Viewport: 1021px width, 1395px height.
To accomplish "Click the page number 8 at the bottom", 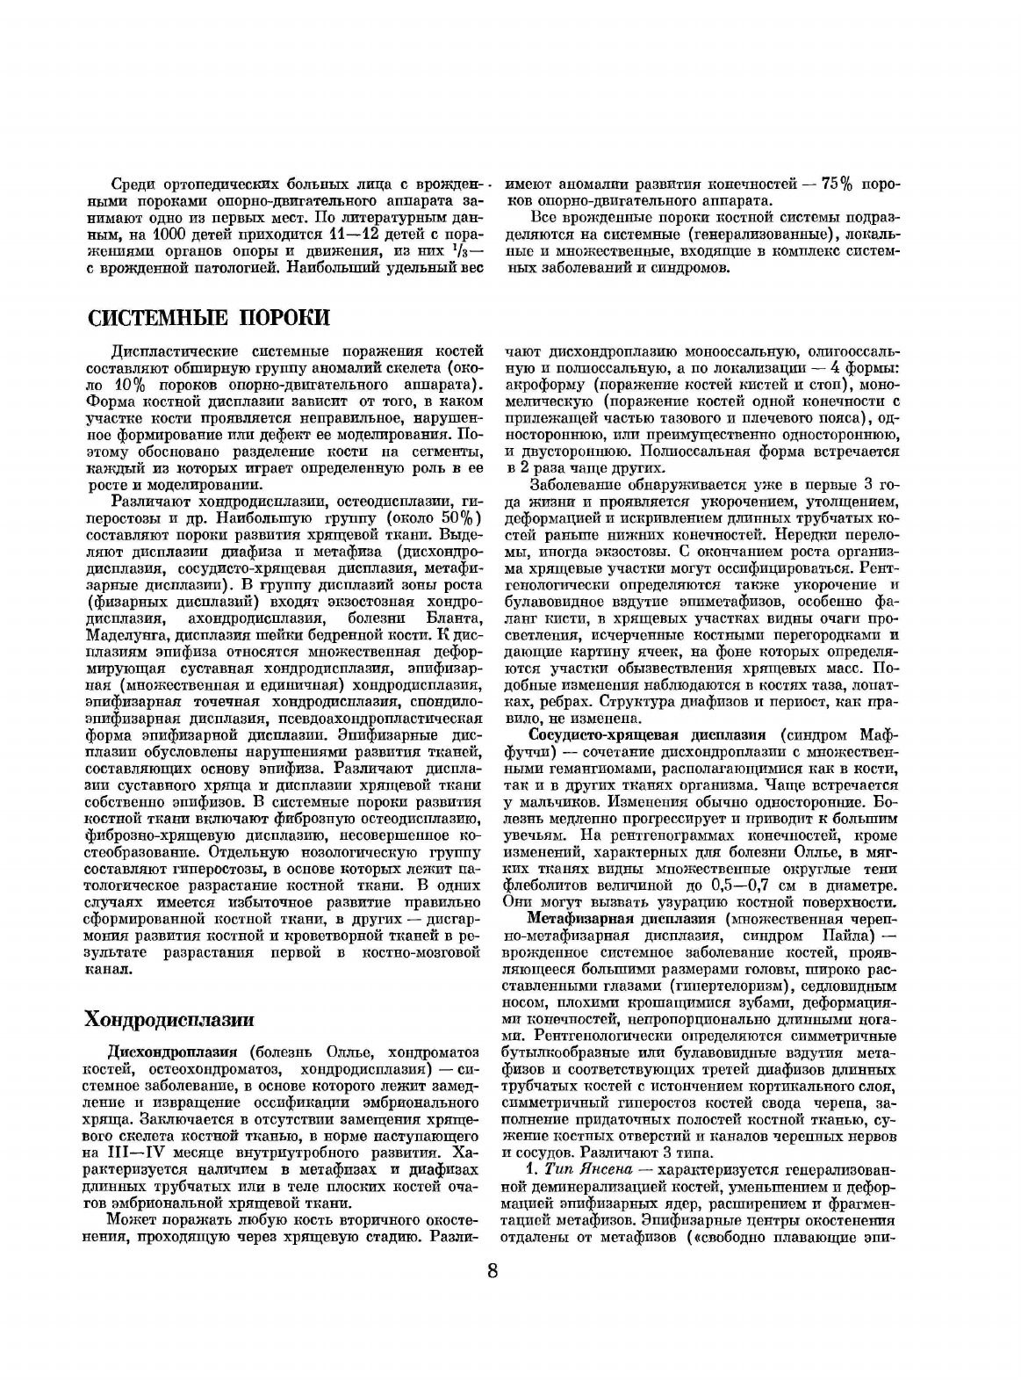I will click(493, 1271).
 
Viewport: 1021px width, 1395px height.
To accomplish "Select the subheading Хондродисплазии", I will click(169, 1019).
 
